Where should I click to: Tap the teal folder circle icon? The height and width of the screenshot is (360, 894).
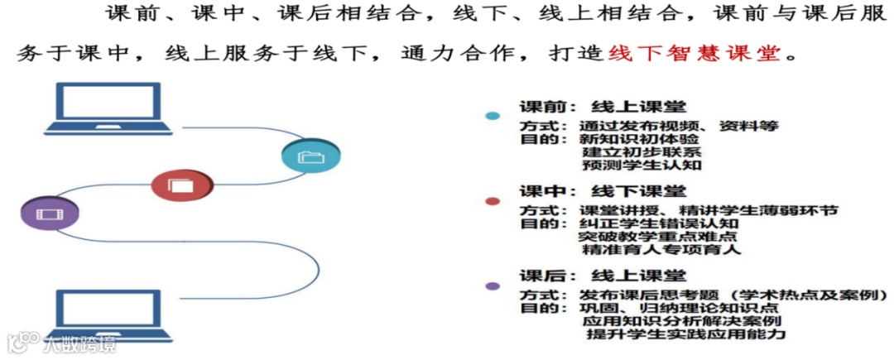click(x=310, y=156)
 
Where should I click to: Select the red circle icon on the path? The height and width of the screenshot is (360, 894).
click(x=182, y=185)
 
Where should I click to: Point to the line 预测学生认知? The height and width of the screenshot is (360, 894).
click(x=642, y=165)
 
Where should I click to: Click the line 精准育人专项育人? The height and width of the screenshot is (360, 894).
click(x=662, y=249)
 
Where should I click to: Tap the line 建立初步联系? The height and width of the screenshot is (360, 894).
click(x=642, y=152)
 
